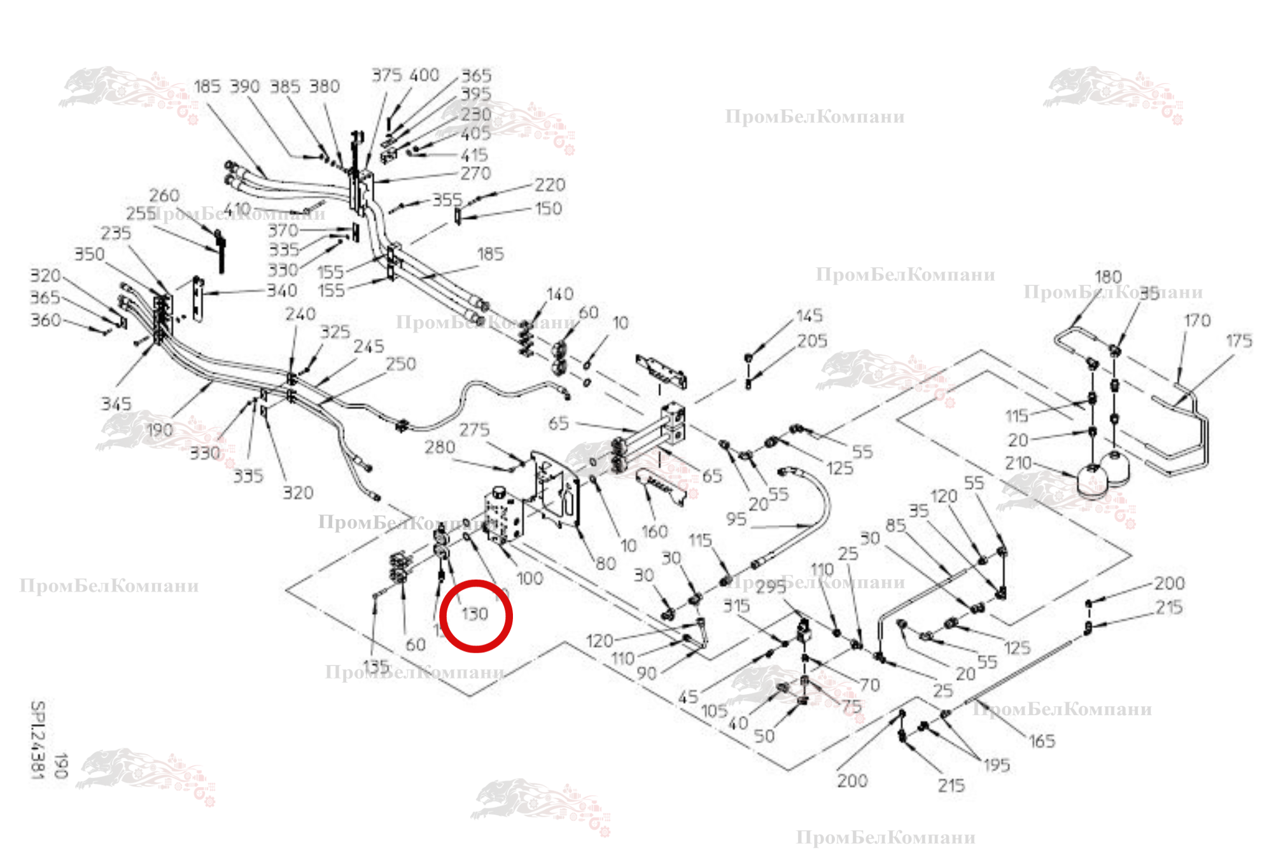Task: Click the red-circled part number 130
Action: [x=475, y=614]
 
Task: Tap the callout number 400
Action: [x=424, y=75]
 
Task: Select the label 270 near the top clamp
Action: [x=475, y=173]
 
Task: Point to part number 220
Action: [x=549, y=185]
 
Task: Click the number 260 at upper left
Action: [x=164, y=195]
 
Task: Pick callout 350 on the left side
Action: [x=89, y=254]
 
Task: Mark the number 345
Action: [x=116, y=403]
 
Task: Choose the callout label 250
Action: [x=400, y=364]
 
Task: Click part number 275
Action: [x=474, y=429]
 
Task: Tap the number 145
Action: [x=809, y=316]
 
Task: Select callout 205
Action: [x=812, y=341]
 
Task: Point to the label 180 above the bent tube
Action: [x=1107, y=277]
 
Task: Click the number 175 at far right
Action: [x=1238, y=341]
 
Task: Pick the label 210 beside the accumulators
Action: [x=1018, y=463]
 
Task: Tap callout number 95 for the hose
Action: [x=736, y=519]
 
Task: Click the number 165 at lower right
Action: [x=1042, y=741]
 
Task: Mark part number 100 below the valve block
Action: [x=529, y=578]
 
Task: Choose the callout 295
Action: [x=771, y=587]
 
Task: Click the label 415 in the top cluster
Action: [x=474, y=155]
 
